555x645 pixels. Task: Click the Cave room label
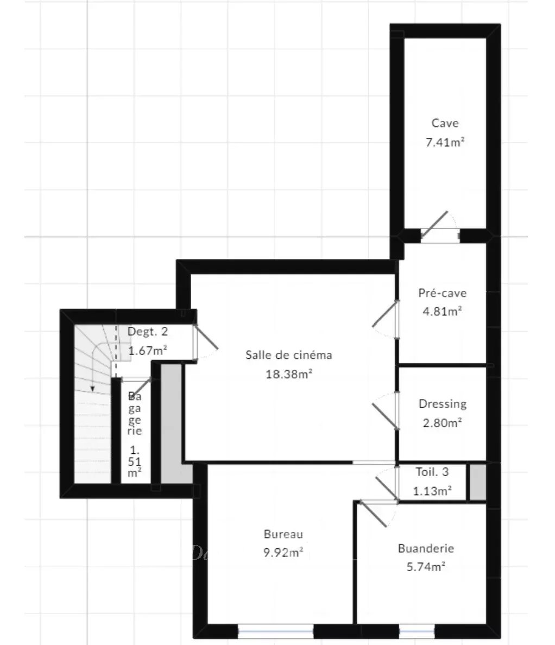point(445,123)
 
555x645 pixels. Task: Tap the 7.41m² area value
point(445,142)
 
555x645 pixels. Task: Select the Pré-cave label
point(442,293)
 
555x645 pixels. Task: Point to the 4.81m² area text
point(442,311)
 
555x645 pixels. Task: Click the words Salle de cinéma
point(289,355)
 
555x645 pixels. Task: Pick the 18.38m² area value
point(289,374)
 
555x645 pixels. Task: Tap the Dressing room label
point(443,404)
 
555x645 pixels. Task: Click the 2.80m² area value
point(442,422)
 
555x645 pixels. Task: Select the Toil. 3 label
point(432,472)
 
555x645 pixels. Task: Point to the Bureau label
point(283,534)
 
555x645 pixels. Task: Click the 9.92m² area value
point(283,552)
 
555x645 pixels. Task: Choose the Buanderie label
point(426,548)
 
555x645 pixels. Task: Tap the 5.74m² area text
point(426,567)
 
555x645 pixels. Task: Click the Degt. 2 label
point(147,332)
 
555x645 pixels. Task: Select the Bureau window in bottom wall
point(276,630)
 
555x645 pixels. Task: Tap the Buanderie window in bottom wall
point(417,630)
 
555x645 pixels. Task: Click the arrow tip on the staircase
point(93,389)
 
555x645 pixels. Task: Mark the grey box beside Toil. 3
point(478,483)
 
